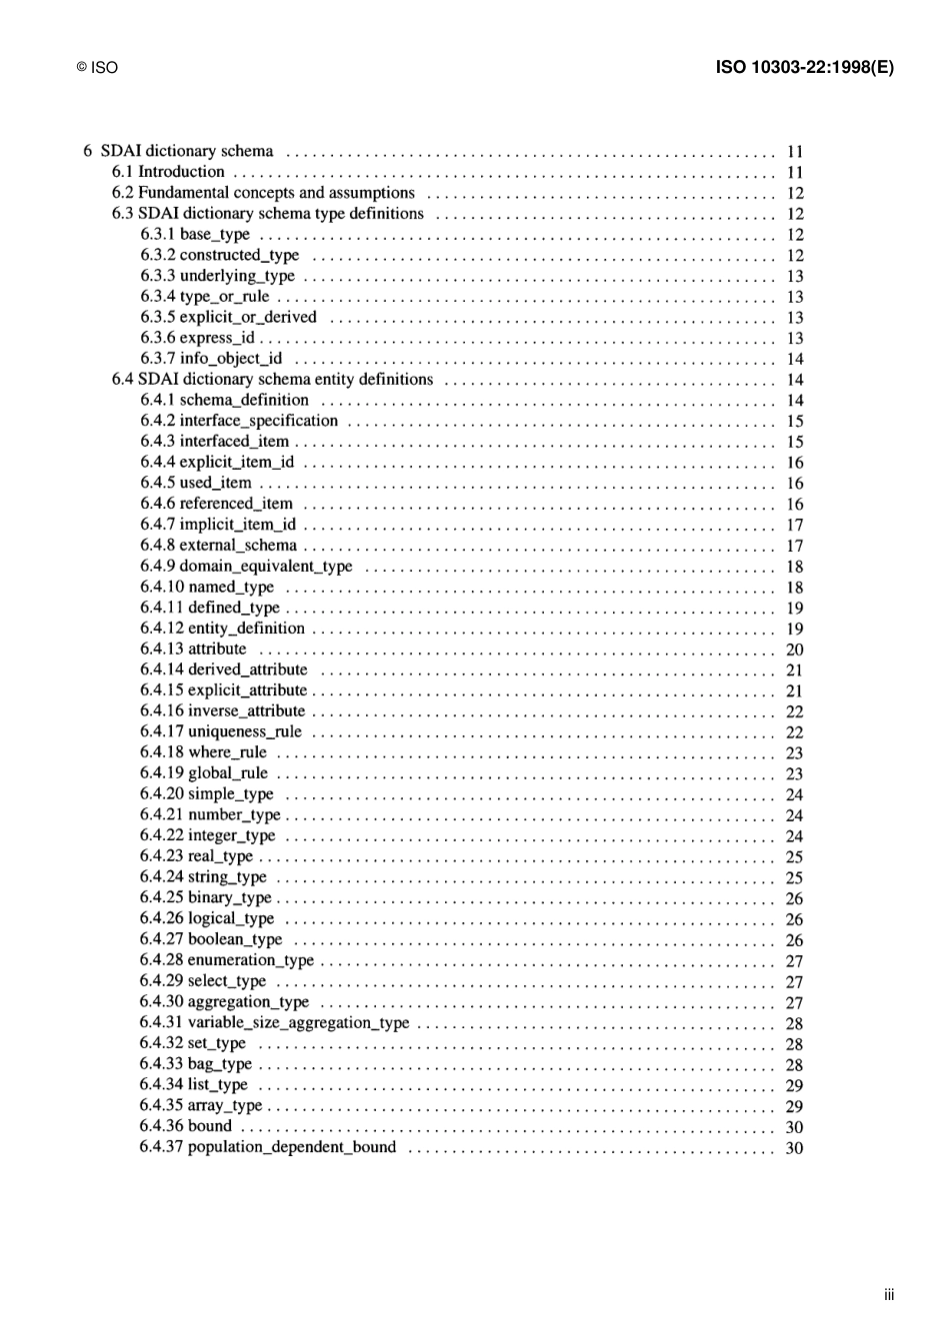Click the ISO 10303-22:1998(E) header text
(x=804, y=68)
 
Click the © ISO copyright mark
(x=97, y=68)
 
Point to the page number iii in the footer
(x=889, y=1295)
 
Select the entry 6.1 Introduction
(x=168, y=172)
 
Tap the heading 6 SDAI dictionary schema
(x=178, y=151)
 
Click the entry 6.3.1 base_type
(x=195, y=234)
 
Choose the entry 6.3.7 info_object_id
(x=211, y=359)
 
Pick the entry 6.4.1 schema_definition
(x=225, y=400)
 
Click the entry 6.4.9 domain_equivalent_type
(x=246, y=567)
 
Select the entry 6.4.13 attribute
(x=193, y=649)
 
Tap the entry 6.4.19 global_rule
(x=204, y=773)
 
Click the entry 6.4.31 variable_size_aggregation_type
(x=275, y=1022)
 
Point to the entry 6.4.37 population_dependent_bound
(x=268, y=1147)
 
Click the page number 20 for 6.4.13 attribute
(x=794, y=650)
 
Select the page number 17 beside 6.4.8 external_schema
(x=794, y=546)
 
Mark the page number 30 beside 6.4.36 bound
(x=794, y=1127)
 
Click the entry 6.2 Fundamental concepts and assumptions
(x=263, y=193)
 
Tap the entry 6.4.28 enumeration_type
(x=227, y=960)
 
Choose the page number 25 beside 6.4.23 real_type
(x=794, y=857)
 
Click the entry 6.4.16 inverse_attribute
(x=223, y=711)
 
